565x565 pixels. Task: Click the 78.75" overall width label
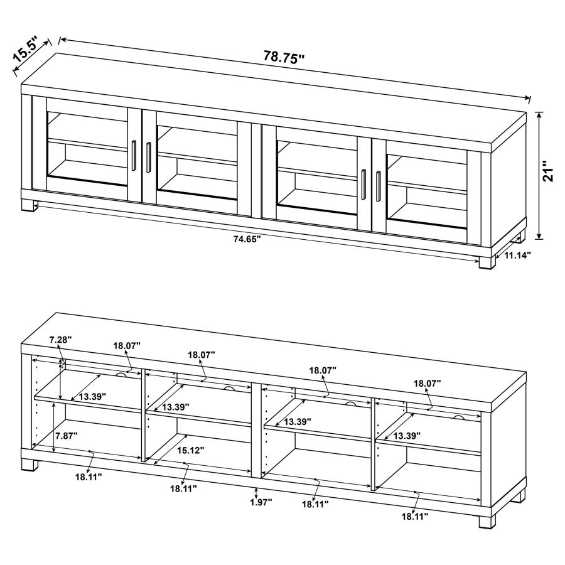[x=284, y=57]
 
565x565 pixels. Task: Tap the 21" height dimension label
[x=549, y=171]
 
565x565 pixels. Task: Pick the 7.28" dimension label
[x=60, y=340]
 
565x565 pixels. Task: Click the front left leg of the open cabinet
[x=28, y=465]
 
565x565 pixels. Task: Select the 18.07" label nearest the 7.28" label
[x=127, y=345]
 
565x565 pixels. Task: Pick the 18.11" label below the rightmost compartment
[x=414, y=516]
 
